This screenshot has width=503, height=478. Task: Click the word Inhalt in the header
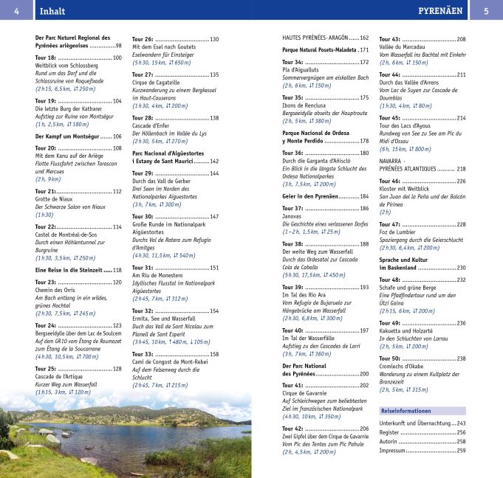pos(52,11)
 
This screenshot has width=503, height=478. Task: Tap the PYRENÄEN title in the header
pos(440,11)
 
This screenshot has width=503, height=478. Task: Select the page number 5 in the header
pos(486,11)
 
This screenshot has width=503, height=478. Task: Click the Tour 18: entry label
pos(46,58)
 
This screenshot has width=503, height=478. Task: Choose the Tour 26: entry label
pos(143,39)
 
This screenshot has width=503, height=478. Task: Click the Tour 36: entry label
pos(293,153)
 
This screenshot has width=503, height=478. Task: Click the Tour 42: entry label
pos(293,429)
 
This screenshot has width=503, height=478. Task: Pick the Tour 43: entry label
pos(390,39)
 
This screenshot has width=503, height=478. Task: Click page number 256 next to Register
pos(461,432)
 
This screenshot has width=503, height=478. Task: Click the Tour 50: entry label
pos(390,358)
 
